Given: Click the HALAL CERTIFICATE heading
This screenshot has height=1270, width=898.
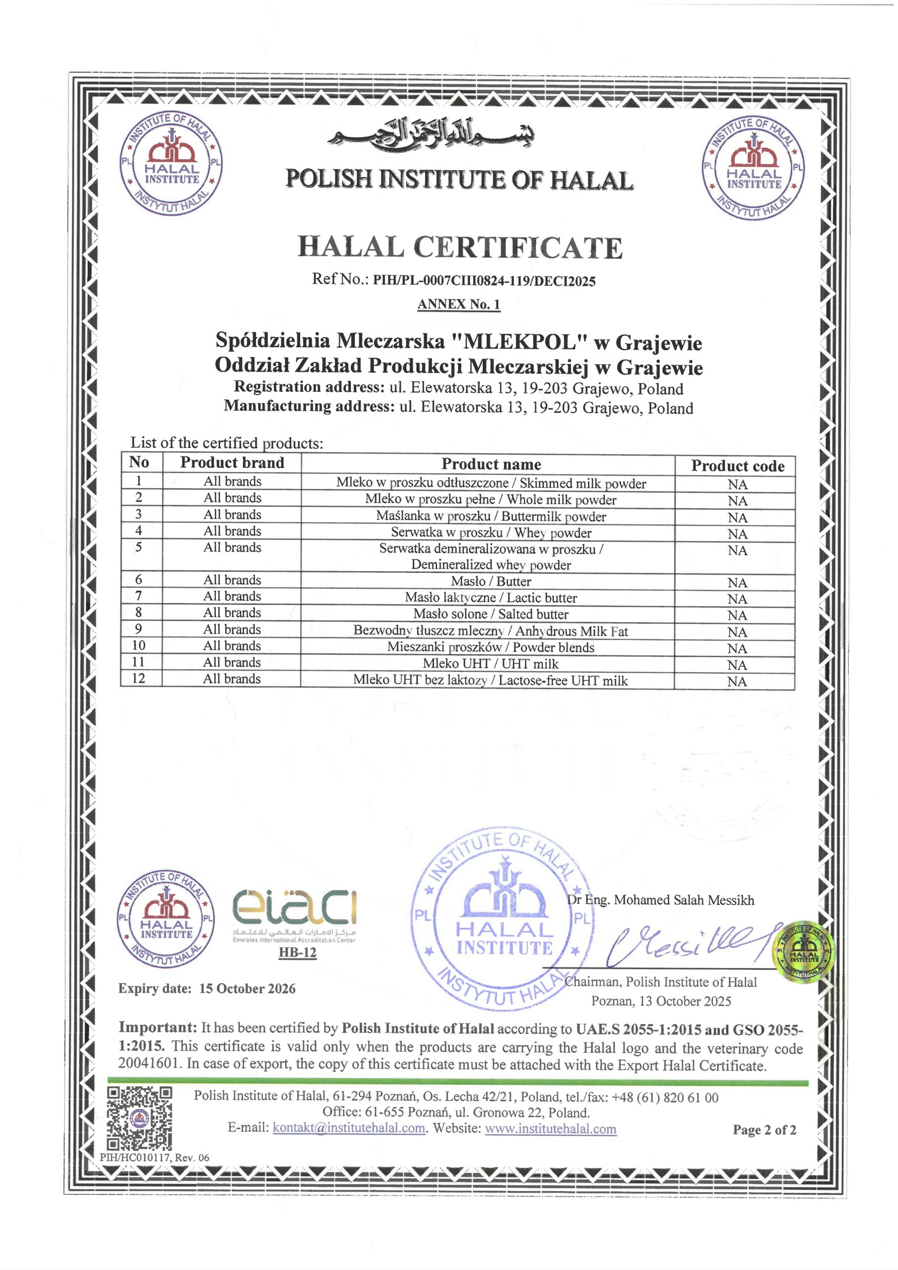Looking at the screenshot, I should pos(460,247).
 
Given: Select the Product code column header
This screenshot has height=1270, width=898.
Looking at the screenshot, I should pos(738,466).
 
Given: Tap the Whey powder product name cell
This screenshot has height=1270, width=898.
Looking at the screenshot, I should pos(491,533).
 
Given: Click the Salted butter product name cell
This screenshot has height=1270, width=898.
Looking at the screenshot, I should pos(491,614).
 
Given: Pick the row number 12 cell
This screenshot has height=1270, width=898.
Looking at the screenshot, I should pos(138,678).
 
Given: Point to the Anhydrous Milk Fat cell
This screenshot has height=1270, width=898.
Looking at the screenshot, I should pos(491,631).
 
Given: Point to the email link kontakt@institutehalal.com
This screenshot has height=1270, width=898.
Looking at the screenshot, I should pos(349,1128).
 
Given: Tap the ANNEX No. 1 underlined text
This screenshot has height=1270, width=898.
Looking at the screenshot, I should pos(459,304).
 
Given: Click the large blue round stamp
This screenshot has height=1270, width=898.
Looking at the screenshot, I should pos(504,921).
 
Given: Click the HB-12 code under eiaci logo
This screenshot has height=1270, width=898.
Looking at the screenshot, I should pos(298,952).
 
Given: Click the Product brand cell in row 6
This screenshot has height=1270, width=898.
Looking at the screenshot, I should pos(232,580).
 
